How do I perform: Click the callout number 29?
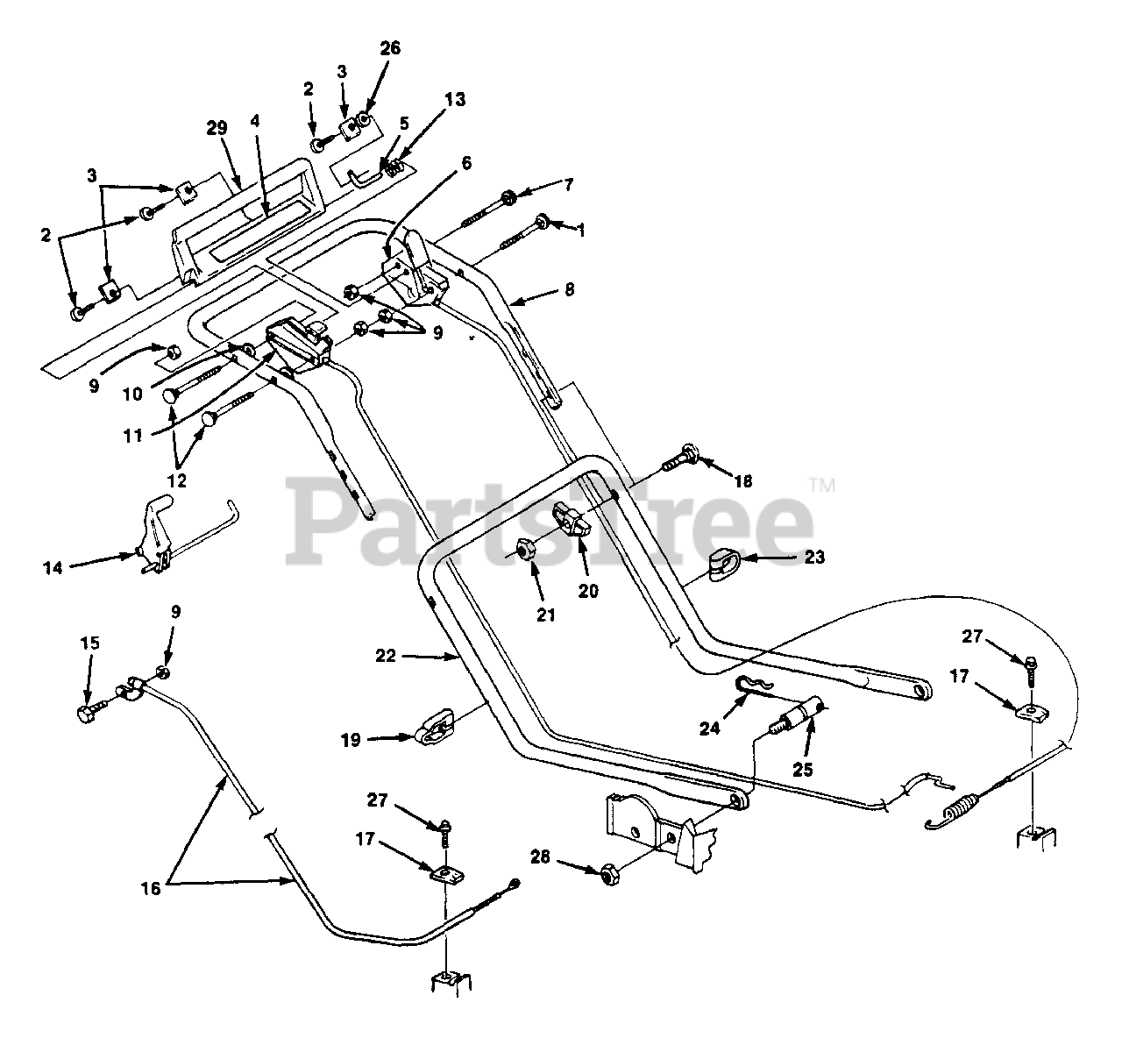tap(217, 128)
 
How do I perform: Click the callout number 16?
tap(151, 888)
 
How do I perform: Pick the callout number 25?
tap(802, 769)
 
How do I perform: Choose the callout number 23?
tap(814, 557)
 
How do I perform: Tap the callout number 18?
tap(743, 481)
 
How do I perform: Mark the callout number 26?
tap(389, 48)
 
